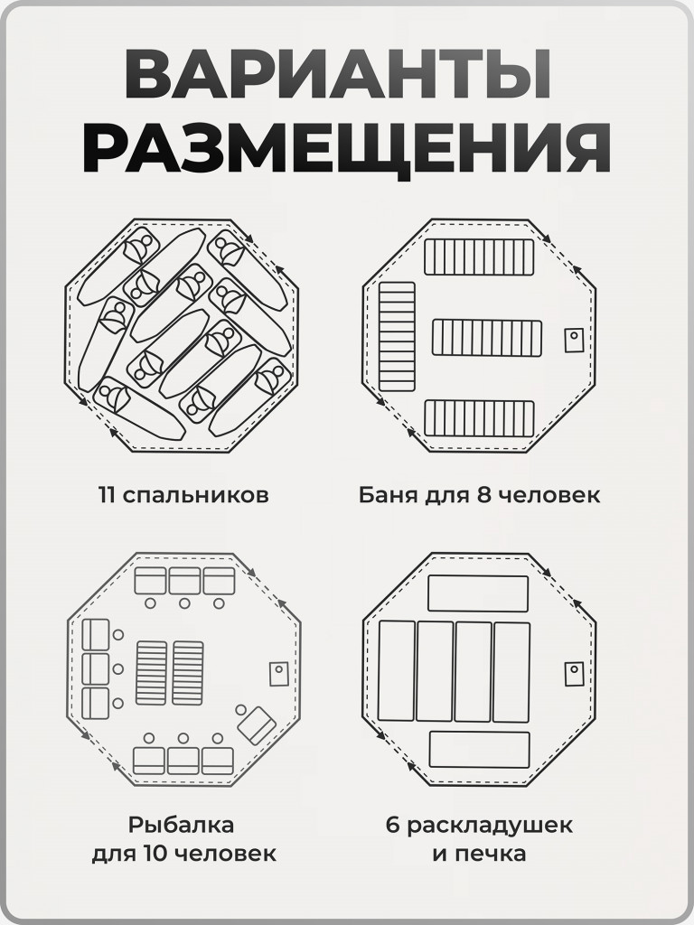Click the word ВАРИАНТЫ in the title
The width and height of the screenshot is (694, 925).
click(346, 74)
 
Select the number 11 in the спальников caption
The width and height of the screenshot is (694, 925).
click(109, 496)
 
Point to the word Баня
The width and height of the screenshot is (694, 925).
click(386, 496)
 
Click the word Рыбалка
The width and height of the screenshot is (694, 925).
click(181, 825)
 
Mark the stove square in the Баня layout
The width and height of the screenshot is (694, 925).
click(574, 340)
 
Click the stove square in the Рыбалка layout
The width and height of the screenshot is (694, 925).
click(279, 674)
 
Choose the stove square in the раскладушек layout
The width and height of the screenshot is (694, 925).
click(574, 674)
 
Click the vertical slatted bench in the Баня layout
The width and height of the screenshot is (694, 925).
click(397, 336)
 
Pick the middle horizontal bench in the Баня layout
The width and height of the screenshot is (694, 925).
click(487, 337)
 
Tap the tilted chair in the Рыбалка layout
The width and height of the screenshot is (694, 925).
click(258, 724)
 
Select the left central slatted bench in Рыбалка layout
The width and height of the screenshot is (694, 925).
click(151, 673)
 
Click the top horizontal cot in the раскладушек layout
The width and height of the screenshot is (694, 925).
click(477, 593)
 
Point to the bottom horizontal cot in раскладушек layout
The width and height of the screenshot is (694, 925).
click(479, 750)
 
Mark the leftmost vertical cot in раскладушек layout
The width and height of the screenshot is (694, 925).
click(397, 671)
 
